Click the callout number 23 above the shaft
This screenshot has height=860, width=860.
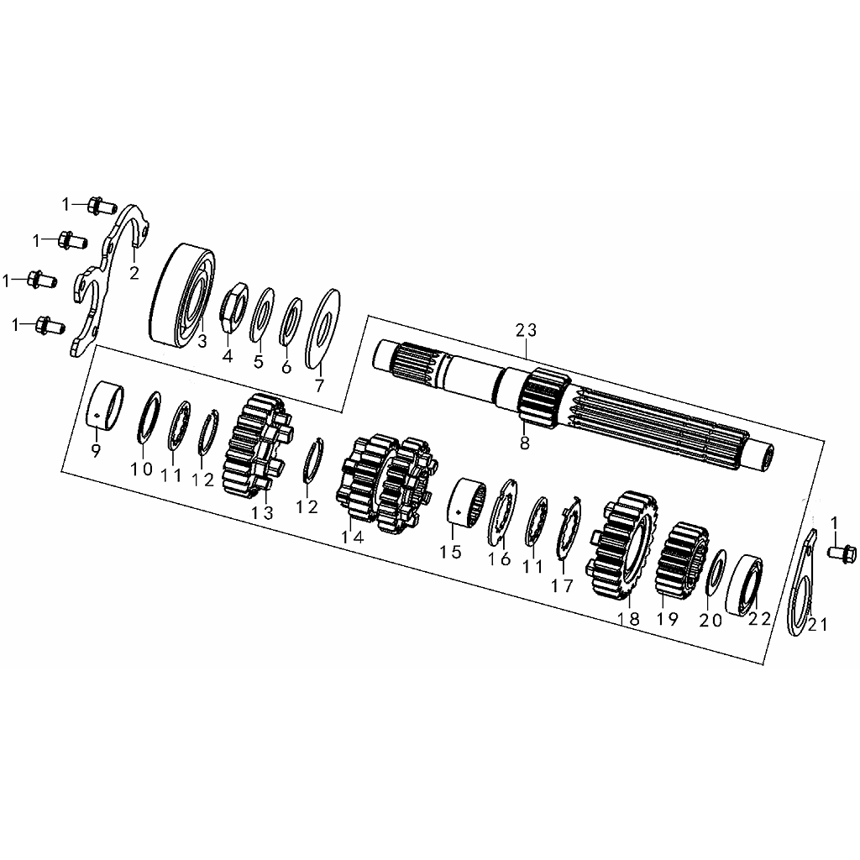526,330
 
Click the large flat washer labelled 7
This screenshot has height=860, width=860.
322,329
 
